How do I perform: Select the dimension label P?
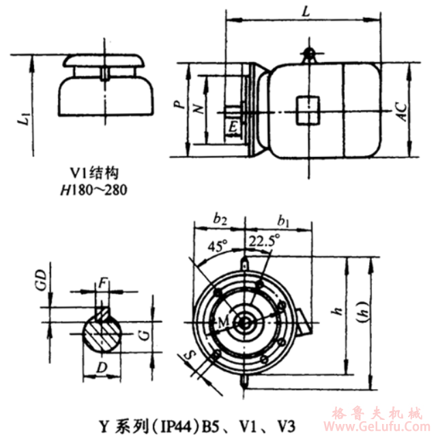point(177,106)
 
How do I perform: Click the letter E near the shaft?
point(234,127)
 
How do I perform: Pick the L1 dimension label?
point(25,119)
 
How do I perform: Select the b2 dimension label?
point(219,219)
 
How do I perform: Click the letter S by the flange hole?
point(192,356)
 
